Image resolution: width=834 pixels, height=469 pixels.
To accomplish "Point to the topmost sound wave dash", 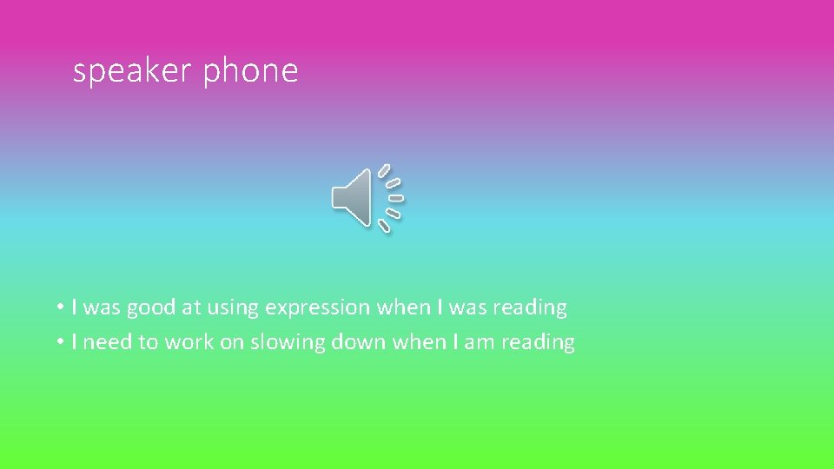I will click(x=383, y=170).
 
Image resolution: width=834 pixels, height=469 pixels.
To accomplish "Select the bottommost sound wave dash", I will click(x=384, y=225).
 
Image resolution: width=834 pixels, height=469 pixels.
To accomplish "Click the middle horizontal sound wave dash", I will click(x=396, y=197).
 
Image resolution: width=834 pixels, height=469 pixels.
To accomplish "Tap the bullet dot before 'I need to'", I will click(x=60, y=342).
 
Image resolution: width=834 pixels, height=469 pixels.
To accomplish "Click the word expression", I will click(x=318, y=307).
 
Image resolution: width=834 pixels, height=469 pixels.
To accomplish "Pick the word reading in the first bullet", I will click(x=529, y=307).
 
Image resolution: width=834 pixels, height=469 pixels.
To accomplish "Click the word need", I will click(x=109, y=342).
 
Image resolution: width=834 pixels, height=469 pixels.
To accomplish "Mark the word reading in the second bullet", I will click(x=537, y=342).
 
